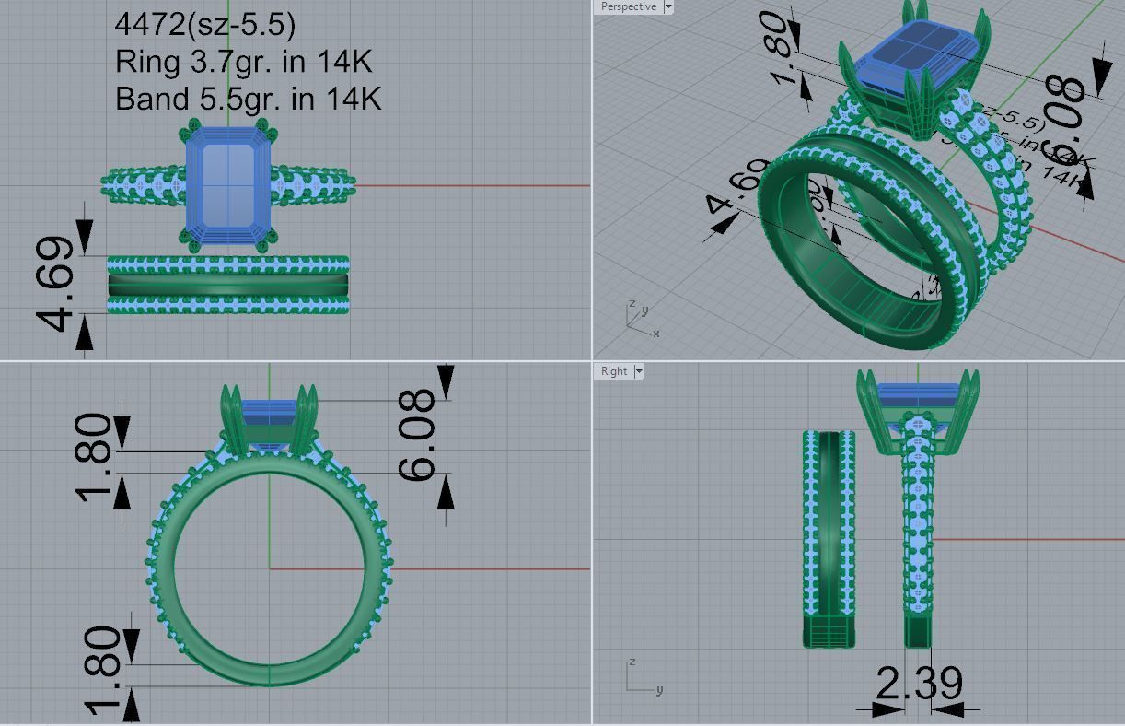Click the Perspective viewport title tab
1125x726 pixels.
click(x=628, y=6)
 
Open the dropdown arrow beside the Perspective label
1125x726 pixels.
click(x=668, y=6)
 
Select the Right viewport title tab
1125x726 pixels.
click(x=613, y=371)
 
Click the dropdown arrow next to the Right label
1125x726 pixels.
click(x=639, y=371)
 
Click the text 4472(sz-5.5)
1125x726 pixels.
click(x=205, y=25)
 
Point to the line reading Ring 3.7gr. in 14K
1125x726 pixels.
click(x=243, y=62)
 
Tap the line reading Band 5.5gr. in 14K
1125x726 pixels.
click(x=248, y=98)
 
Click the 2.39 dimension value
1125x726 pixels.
click(x=919, y=684)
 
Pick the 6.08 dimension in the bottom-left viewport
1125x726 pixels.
click(x=417, y=435)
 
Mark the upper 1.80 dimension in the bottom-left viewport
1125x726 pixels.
click(x=95, y=456)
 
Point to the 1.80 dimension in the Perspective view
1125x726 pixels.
click(x=776, y=48)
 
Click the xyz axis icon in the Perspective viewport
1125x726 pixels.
click(x=640, y=316)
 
